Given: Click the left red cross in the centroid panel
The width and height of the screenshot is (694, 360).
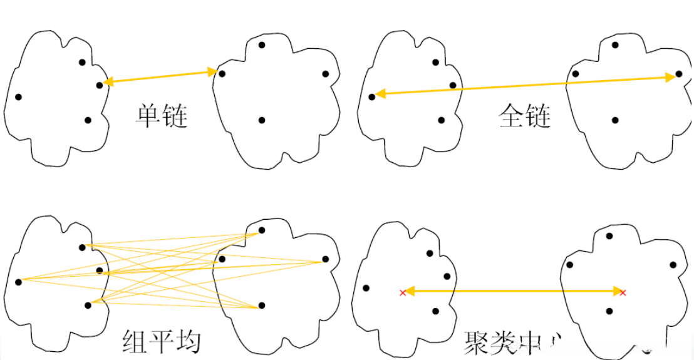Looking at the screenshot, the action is tap(402, 292).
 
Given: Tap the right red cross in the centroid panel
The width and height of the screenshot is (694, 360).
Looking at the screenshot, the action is tap(622, 292).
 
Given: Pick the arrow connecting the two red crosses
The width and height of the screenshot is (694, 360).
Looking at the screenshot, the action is tap(512, 291).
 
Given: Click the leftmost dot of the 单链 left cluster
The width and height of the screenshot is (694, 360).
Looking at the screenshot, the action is tap(18, 96).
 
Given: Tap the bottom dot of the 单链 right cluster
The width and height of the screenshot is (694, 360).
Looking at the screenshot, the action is tap(262, 120).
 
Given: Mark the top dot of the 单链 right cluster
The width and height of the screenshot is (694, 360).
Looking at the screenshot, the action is tap(262, 45).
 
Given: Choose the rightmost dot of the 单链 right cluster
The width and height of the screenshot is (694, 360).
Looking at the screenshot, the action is tap(326, 74).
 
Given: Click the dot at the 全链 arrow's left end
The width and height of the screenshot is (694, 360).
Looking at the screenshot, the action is tap(371, 96).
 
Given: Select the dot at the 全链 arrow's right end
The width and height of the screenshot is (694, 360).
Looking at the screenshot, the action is tap(679, 74).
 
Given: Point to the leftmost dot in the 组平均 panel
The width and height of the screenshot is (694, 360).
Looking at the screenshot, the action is tap(18, 282).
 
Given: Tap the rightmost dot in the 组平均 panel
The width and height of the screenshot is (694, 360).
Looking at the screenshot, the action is tap(326, 259).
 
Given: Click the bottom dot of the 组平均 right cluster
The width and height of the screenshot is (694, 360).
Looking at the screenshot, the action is tap(262, 305).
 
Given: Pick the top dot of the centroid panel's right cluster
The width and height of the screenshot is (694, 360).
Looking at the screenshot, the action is tap(609, 235).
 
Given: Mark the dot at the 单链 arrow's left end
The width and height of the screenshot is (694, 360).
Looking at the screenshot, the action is tap(100, 85).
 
